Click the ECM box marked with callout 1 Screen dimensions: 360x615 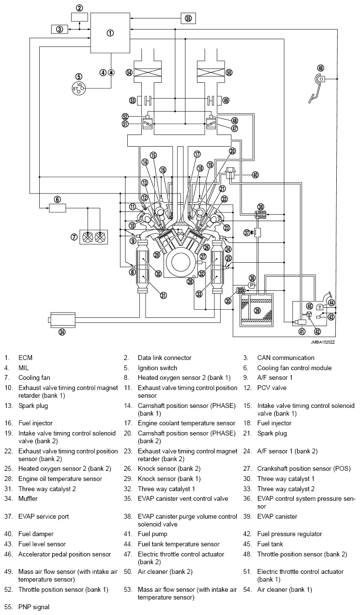tap(110, 33)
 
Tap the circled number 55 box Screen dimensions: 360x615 tap(188, 18)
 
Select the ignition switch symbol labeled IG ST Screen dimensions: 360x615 tap(78, 88)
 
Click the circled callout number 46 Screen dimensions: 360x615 tap(320, 68)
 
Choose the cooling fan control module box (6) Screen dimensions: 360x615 tap(58, 208)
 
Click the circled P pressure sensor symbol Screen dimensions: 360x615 tap(252, 285)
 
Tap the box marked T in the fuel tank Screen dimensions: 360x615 tap(320, 307)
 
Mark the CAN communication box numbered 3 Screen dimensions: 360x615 tap(60, 29)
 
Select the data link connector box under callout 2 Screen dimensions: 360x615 tap(80, 17)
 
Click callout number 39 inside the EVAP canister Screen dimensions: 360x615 tap(257, 311)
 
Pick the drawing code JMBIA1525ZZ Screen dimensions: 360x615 tap(323, 343)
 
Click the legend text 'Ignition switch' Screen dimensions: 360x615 tap(157, 368)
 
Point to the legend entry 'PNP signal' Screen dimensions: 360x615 tap(34, 607)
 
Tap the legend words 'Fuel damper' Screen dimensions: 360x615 tap(36, 534)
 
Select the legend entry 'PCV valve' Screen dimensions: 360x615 tap(272, 388)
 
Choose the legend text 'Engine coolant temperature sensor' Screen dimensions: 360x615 tap(186, 423)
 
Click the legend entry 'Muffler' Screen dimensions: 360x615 tap(28, 498)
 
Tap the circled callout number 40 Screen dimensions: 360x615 tap(255, 175)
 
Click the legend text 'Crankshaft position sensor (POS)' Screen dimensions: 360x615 tap(304, 469)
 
